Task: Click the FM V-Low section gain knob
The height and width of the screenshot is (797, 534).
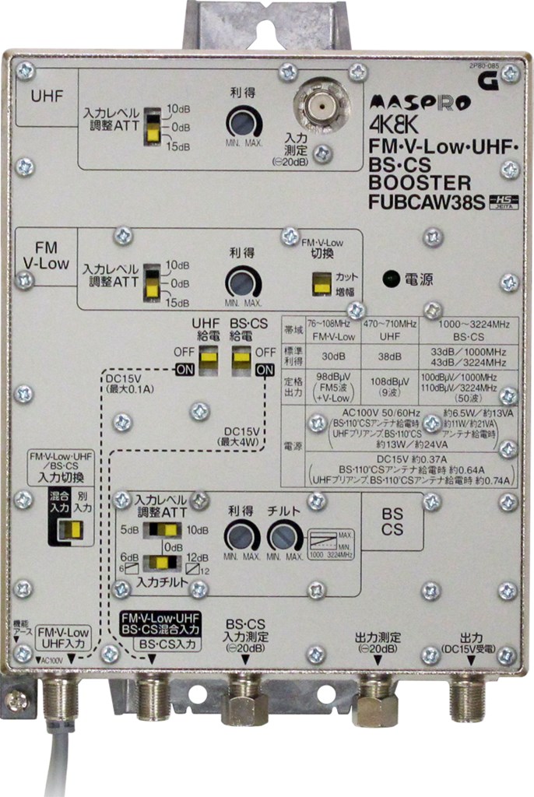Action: pos(243,282)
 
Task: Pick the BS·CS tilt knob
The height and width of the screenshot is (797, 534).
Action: pos(285,538)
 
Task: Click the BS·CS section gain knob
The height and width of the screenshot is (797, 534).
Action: pos(242,538)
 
